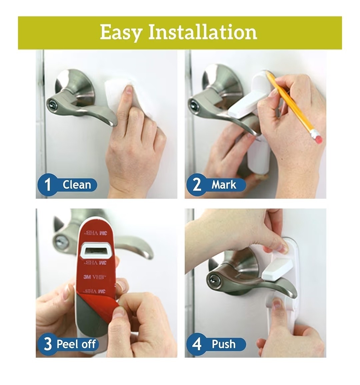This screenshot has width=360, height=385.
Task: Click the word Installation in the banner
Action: [203, 32]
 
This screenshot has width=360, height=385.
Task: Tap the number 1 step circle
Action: [47, 185]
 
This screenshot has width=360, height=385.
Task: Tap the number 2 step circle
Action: [196, 185]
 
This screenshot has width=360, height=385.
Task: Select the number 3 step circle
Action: [47, 344]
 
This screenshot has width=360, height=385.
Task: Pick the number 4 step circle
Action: [196, 344]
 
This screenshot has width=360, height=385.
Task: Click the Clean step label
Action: [77, 185]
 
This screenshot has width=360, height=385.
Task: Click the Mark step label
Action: [224, 185]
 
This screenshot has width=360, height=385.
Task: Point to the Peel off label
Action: [76, 344]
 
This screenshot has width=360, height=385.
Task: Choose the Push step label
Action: [223, 344]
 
